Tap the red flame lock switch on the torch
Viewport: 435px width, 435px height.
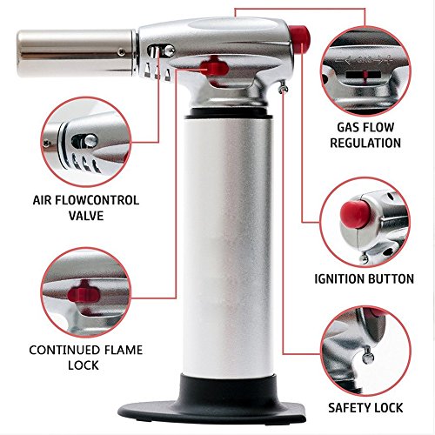pyautogui.click(x=215, y=68)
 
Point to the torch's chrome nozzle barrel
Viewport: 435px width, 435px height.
pyautogui.click(x=76, y=53)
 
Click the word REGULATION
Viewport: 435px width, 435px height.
pyautogui.click(x=365, y=143)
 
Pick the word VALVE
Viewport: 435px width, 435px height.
pyautogui.click(x=86, y=216)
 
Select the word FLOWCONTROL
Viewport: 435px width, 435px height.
pyautogui.click(x=97, y=200)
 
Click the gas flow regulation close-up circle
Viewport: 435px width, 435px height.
pyautogui.click(x=366, y=71)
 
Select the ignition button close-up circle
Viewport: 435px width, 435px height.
pyautogui.click(x=365, y=223)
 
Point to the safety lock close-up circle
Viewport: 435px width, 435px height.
pyautogui.click(x=365, y=351)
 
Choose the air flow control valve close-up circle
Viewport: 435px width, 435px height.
pyautogui.click(x=86, y=142)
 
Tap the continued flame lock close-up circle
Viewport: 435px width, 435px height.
pyautogui.click(x=86, y=292)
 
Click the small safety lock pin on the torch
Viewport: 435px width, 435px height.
pyautogui.click(x=283, y=88)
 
